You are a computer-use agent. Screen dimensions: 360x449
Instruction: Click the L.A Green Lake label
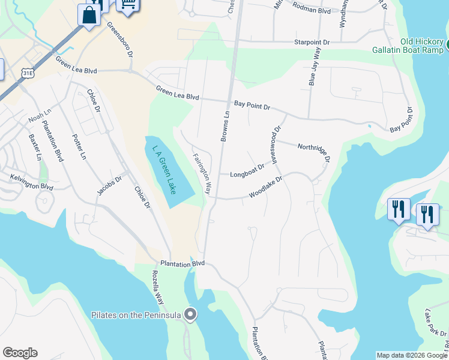163,170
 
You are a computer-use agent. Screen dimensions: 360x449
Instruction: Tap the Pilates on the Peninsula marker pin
191,314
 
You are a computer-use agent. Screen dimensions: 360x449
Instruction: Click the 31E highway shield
27,73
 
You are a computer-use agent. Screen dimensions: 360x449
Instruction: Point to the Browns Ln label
225,127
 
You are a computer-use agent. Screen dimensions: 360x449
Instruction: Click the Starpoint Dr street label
312,43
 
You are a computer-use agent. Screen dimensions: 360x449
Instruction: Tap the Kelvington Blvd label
31,182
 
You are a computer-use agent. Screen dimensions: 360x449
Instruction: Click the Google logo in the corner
20,353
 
